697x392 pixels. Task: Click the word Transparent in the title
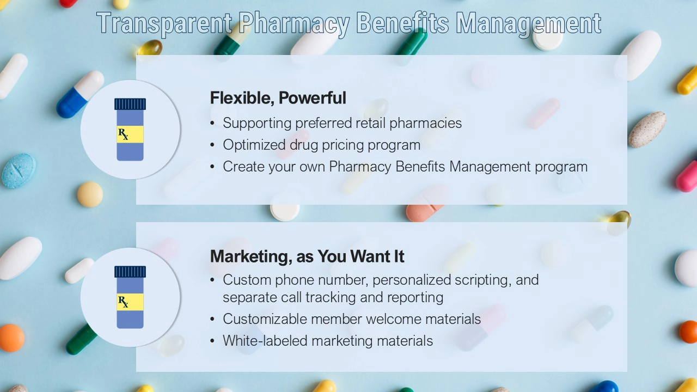coord(164,23)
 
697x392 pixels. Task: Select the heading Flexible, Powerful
coord(278,97)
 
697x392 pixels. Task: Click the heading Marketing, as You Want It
coord(307,256)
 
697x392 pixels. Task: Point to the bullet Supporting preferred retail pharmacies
coord(342,123)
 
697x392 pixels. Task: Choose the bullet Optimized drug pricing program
coord(321,145)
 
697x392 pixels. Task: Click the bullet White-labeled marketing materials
coord(328,341)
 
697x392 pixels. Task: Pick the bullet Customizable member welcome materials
coord(352,319)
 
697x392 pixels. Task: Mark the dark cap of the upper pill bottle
coord(130,104)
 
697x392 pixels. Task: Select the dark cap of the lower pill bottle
coord(130,272)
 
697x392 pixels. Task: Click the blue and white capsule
coord(80,94)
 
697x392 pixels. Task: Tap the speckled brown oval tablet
coord(647,130)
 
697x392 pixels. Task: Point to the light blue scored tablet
coord(19,171)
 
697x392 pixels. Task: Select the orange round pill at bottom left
coord(11,338)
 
